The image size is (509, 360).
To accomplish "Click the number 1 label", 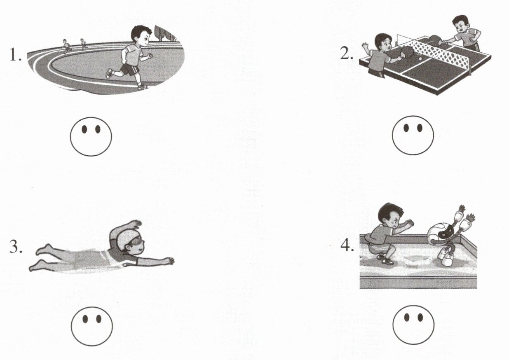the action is click(x=15, y=55).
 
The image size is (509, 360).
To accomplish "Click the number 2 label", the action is click(x=346, y=54).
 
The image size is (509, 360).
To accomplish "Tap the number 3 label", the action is click(x=16, y=247).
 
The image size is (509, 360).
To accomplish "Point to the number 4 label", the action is click(x=347, y=245).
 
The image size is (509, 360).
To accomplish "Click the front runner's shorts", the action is click(x=129, y=70).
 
